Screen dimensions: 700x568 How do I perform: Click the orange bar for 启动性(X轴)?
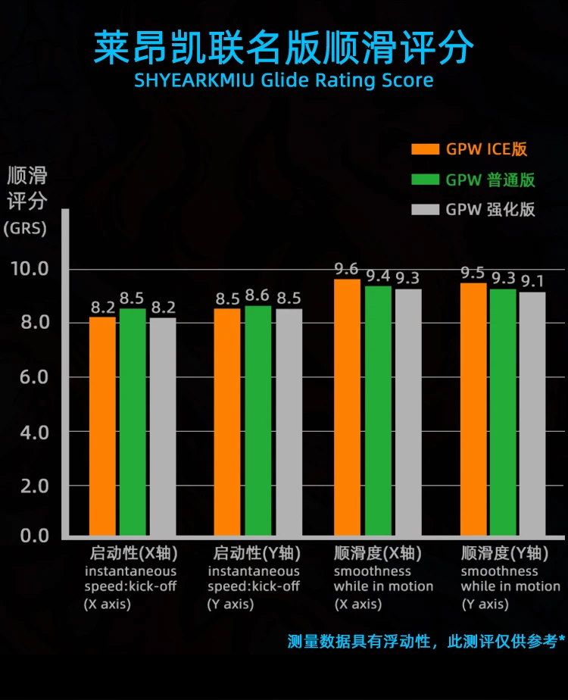click(103, 426)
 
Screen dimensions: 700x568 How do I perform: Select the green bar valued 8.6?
click(258, 420)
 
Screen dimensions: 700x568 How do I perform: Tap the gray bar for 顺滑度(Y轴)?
click(532, 414)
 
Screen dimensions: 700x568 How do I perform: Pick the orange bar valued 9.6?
click(348, 407)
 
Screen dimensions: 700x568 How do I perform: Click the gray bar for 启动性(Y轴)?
click(289, 422)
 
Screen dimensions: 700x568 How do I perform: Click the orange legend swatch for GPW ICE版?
click(425, 148)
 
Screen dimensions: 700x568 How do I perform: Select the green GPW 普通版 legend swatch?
click(425, 180)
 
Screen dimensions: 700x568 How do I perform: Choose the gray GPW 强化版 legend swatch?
click(425, 210)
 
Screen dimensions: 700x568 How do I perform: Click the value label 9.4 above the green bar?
click(379, 276)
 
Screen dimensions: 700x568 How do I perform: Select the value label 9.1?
click(532, 282)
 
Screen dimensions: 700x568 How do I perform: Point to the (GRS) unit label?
click(25, 228)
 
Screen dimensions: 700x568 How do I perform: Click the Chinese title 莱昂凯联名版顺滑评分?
click(284, 47)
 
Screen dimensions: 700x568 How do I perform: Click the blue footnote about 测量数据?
click(426, 642)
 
